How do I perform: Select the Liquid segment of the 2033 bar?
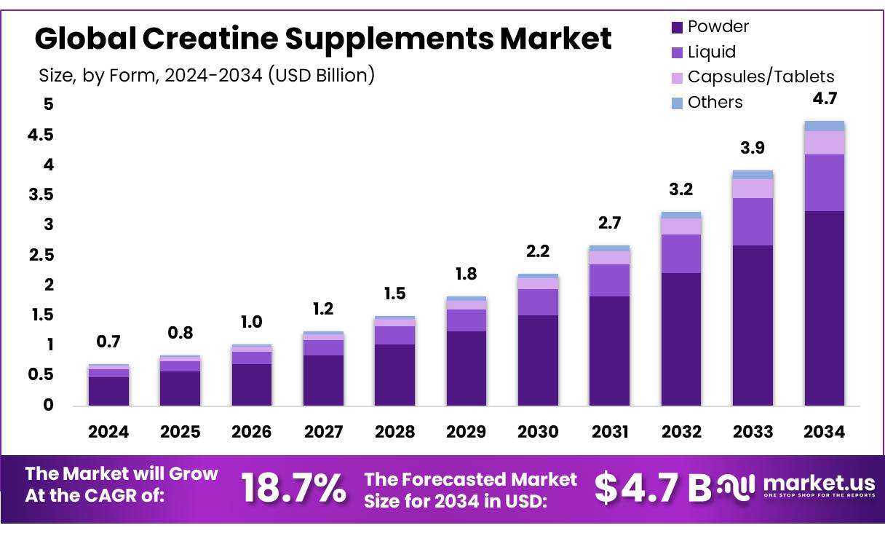[753, 221]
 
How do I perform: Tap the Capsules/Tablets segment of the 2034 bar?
[825, 143]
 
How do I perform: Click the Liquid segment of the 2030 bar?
[538, 302]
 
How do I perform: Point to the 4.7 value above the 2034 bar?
[825, 99]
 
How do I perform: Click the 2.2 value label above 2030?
[538, 252]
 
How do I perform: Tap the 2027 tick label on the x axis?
[323, 432]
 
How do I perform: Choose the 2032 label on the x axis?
[681, 432]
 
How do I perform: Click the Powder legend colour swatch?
[676, 28]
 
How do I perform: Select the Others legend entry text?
[715, 102]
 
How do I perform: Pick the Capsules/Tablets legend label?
[761, 76]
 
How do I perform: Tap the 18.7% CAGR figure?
[293, 488]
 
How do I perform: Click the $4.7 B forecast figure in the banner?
[653, 488]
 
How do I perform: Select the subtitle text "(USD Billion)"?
[321, 74]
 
